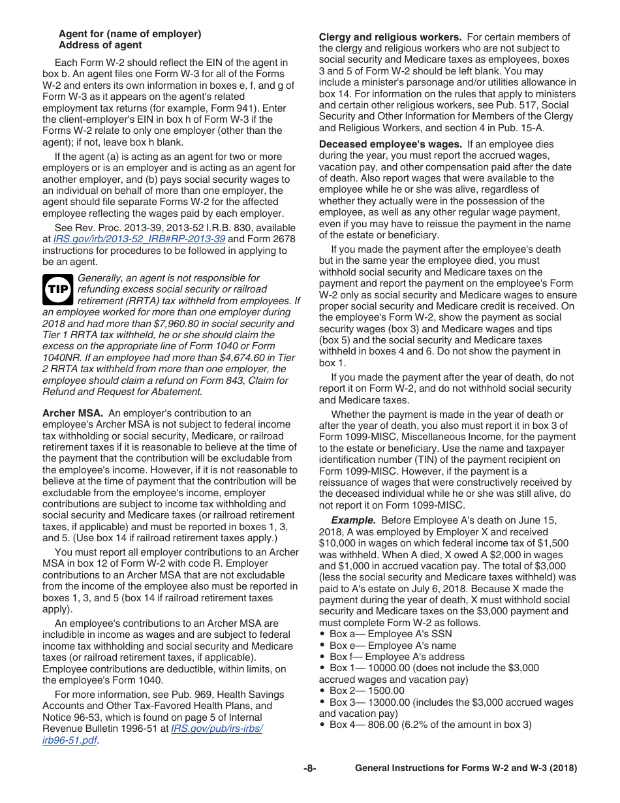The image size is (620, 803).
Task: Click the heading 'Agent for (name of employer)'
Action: tap(130, 34)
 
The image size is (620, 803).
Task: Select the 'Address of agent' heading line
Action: tap(100, 45)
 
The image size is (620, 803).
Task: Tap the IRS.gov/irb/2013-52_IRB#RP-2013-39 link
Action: tap(139, 239)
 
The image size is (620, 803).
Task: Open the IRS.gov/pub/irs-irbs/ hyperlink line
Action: tap(217, 729)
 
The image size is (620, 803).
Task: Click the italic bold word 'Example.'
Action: tap(353, 520)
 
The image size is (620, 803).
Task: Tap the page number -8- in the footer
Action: tap(309, 768)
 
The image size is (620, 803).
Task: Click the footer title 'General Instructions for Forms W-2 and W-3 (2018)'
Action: tap(465, 768)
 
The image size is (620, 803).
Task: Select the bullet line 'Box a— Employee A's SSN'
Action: tap(390, 634)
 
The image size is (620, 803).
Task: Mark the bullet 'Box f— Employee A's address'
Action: tap(396, 657)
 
